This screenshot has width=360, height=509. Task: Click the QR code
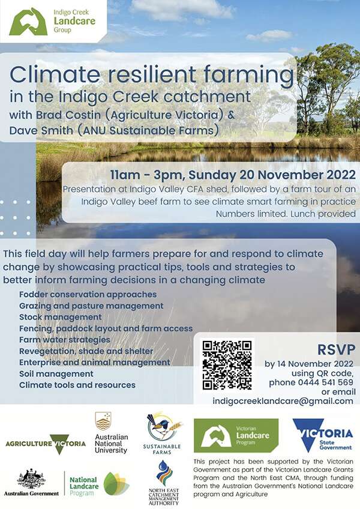227,365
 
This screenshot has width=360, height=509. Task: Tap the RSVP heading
337,349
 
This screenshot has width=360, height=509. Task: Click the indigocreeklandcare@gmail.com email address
283,401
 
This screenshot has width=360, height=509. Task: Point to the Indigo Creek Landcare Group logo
53,22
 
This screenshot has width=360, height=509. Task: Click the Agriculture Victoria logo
46,444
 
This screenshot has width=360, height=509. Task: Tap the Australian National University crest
103,421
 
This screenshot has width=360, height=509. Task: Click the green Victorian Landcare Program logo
236,436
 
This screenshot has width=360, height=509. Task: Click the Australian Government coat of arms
31,478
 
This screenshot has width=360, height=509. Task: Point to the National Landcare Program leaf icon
116,484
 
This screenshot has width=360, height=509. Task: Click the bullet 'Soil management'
56,374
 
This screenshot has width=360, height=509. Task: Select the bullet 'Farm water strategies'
65,340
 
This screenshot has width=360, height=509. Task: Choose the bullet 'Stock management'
61,317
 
